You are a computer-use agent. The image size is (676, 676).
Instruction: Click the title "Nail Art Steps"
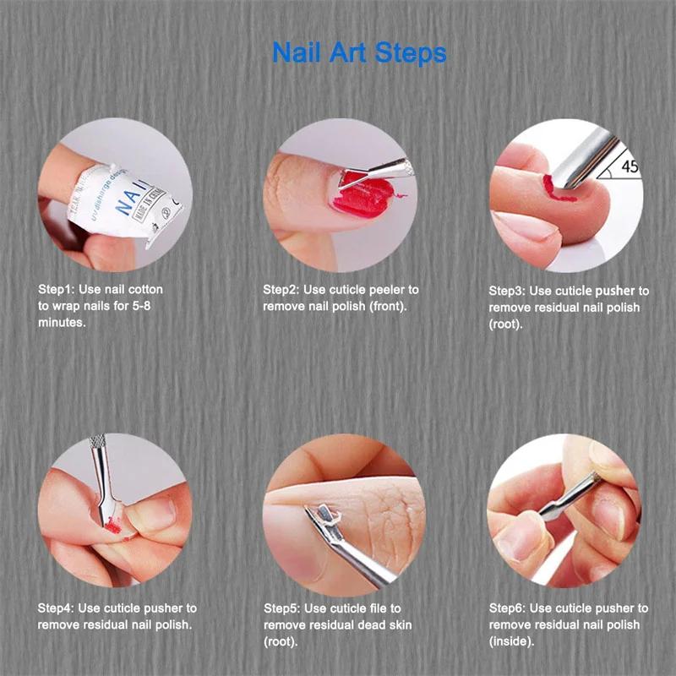tap(359, 52)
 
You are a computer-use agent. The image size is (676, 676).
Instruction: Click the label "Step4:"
tap(57, 608)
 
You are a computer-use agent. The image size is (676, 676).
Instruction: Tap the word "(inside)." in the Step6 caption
tap(512, 641)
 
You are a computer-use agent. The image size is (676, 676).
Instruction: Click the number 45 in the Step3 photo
tap(630, 166)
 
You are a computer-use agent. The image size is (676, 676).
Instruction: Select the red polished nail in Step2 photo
tap(358, 200)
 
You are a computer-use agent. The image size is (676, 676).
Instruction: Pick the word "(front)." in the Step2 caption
tap(389, 306)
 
